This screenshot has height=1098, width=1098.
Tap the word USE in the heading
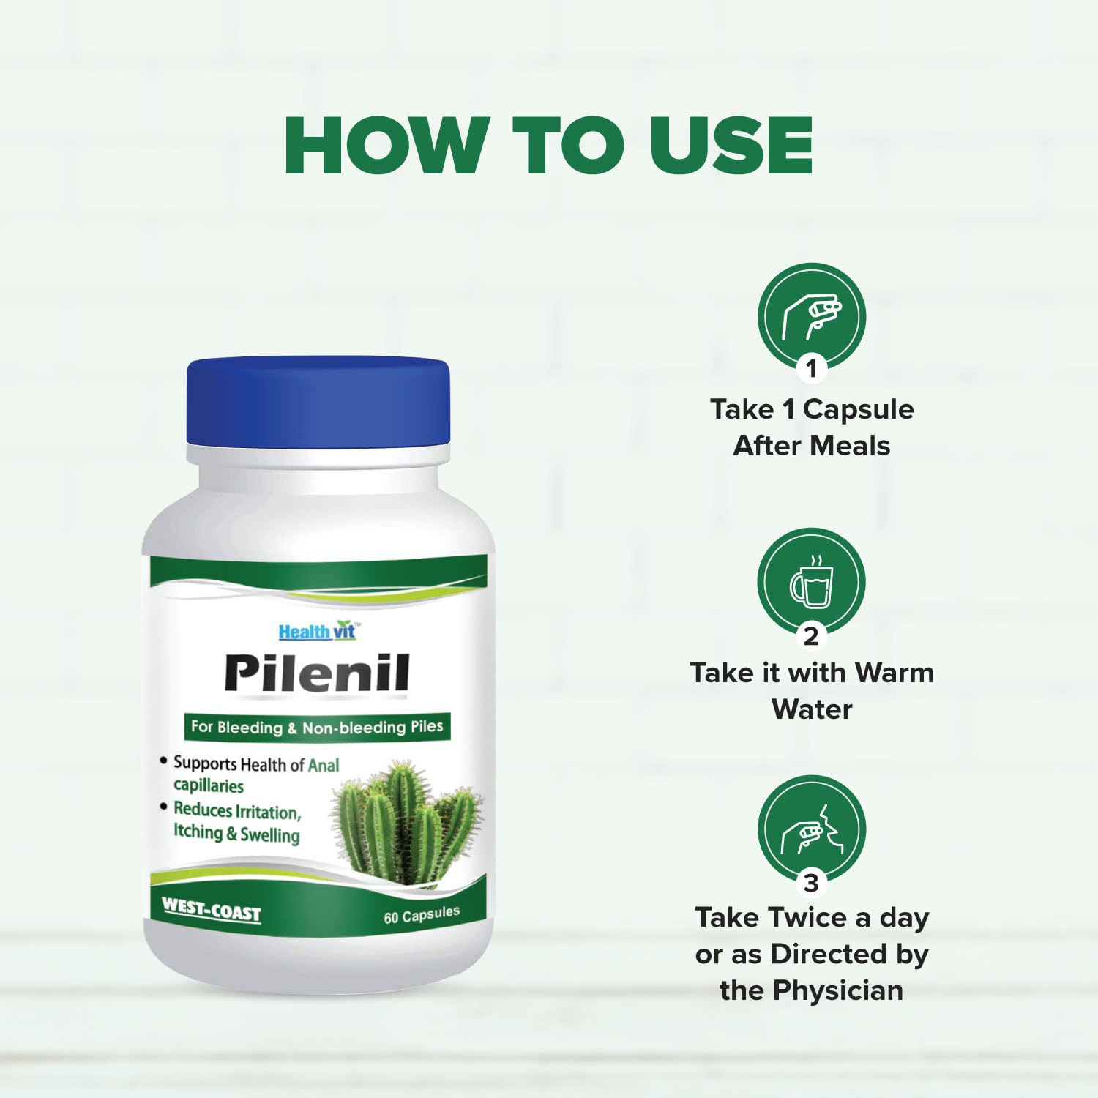[x=731, y=145]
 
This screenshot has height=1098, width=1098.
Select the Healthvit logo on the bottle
[x=318, y=631]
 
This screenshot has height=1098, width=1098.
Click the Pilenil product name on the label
[x=317, y=673]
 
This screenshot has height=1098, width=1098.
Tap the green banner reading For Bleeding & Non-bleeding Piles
[x=317, y=727]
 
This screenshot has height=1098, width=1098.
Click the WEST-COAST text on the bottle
[x=211, y=910]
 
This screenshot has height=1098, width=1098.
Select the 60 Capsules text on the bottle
[x=422, y=915]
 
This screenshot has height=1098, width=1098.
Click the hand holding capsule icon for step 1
[x=812, y=318]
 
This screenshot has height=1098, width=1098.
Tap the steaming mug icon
[x=812, y=583]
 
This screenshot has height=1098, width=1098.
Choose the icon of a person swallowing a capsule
[x=812, y=830]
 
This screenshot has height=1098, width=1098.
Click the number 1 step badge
[x=811, y=368]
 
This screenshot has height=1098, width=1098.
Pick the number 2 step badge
[x=811, y=635]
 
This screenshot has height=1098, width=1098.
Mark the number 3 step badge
[x=811, y=883]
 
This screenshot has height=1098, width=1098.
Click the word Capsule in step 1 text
[x=858, y=410]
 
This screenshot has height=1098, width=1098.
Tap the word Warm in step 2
[x=894, y=673]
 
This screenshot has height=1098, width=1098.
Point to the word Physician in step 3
[x=838, y=991]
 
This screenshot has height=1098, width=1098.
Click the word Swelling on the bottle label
[x=270, y=835]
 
